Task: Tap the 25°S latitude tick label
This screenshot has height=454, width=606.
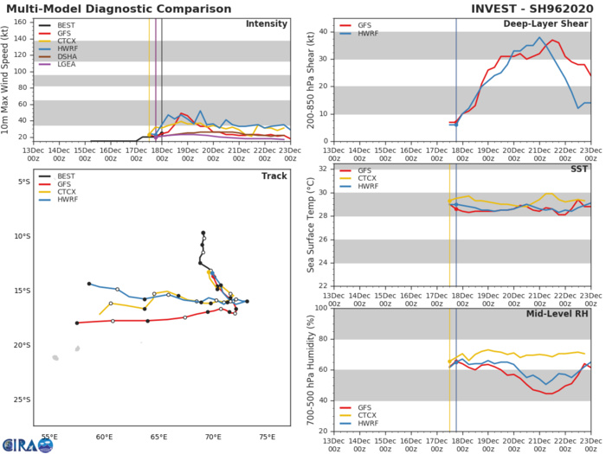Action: (x=25, y=399)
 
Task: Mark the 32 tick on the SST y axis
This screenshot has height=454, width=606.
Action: (x=326, y=169)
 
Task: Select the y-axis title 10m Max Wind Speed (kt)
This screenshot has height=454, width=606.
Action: (x=8, y=79)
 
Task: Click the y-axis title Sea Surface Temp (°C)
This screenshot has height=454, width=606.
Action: (x=310, y=227)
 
